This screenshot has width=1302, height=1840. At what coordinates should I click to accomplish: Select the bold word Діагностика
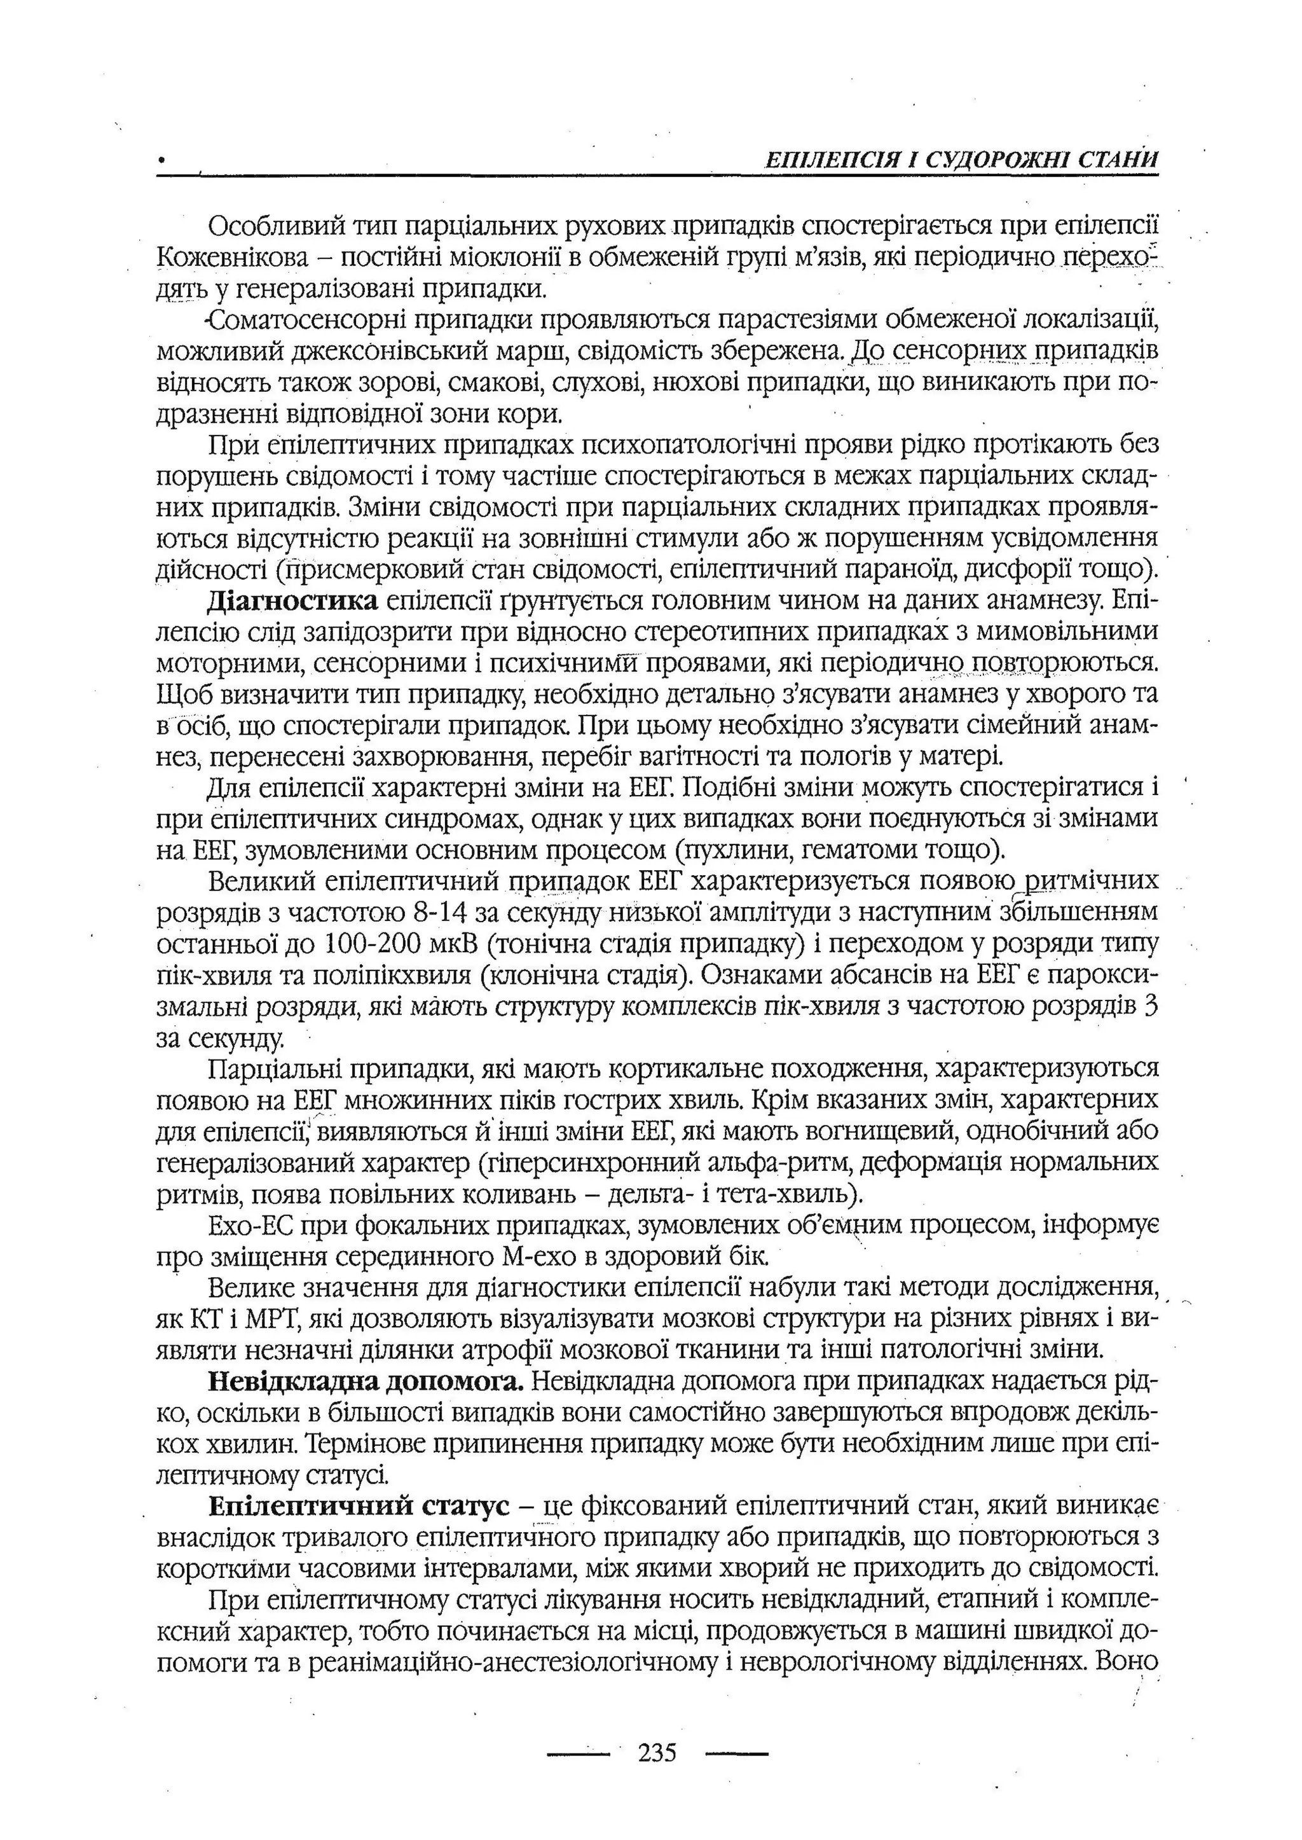(292, 601)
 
